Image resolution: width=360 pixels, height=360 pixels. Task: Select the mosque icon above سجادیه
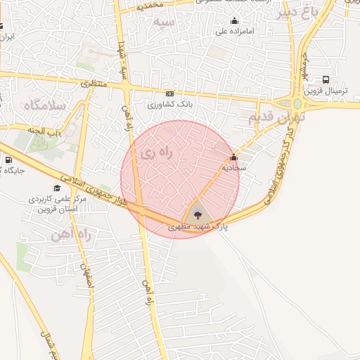233,157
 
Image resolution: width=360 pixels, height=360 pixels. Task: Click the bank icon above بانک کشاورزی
169,94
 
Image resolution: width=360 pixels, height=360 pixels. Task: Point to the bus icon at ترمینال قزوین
326,80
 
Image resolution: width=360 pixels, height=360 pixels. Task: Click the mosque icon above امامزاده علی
233,20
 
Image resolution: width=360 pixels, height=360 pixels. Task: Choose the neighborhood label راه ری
157,153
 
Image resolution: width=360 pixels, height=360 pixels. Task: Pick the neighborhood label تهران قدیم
269,117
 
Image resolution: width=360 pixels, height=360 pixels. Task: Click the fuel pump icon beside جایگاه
8,159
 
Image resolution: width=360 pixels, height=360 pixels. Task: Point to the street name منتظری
92,84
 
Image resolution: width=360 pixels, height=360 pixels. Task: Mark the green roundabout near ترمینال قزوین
297,104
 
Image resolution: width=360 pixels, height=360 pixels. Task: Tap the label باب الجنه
42,131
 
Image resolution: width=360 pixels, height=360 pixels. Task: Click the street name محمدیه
151,5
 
